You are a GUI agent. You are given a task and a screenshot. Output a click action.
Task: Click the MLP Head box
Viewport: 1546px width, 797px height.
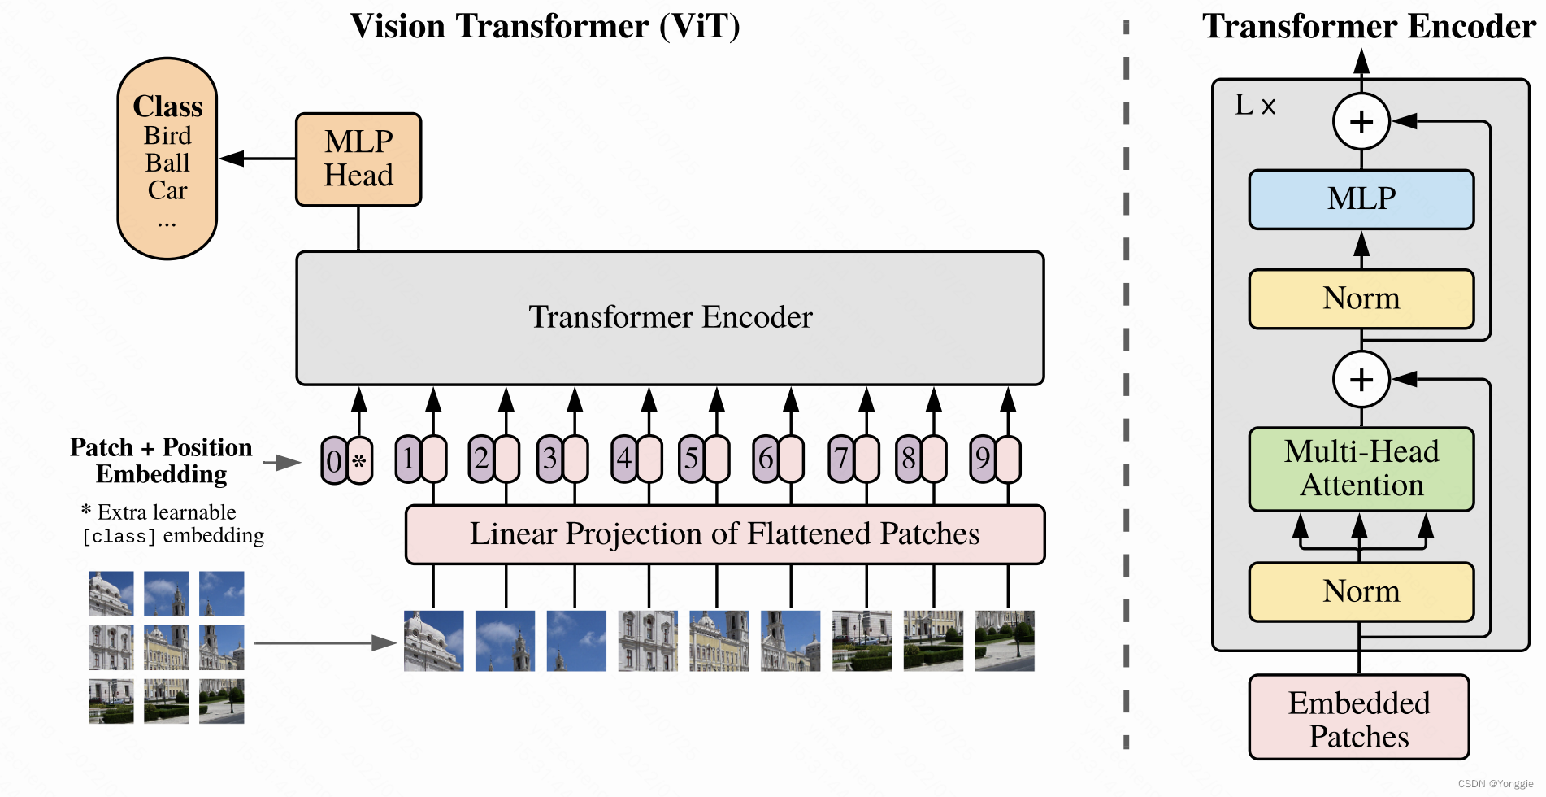[x=358, y=159]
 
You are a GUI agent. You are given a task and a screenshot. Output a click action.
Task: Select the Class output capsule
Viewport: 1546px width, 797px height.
[x=167, y=159]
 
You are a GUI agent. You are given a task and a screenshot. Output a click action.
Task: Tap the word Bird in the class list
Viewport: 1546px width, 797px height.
[x=167, y=135]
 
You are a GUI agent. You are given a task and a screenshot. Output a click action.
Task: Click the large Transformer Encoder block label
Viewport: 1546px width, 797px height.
[x=670, y=317]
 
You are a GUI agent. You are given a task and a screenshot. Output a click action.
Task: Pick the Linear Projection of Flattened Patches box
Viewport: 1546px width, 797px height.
[x=724, y=534]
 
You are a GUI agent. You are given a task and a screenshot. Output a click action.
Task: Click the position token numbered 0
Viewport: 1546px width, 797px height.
[x=333, y=460]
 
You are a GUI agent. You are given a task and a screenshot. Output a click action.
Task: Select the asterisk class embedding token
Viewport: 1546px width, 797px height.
[x=359, y=460]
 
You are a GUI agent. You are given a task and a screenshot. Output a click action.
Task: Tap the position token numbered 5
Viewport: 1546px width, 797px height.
[x=691, y=459]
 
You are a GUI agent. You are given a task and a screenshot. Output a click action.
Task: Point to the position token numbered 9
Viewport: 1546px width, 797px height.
[x=983, y=459]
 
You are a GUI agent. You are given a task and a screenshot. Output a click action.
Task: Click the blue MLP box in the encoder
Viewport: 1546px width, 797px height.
[x=1361, y=199]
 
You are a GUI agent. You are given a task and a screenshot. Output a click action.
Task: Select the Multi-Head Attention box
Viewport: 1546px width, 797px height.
[x=1361, y=469]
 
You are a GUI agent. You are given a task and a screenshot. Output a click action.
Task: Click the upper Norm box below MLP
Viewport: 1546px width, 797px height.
[x=1361, y=298]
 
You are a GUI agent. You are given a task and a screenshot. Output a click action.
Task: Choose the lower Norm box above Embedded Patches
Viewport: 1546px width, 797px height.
[x=1361, y=591]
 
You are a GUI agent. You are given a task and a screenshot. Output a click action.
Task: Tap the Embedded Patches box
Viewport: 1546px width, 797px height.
[x=1358, y=717]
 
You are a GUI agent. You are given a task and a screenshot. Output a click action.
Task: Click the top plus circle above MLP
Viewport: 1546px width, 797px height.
[x=1361, y=121]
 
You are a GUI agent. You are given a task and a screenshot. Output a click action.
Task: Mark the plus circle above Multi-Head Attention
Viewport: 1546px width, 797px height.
[x=1361, y=379]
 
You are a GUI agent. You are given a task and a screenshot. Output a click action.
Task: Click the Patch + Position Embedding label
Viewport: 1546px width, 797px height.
[x=161, y=460]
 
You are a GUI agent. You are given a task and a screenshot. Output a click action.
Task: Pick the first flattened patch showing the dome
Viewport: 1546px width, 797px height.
[x=433, y=640]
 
